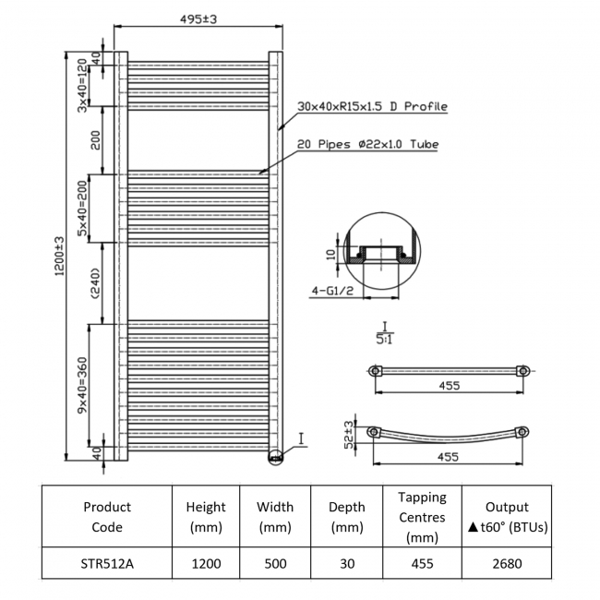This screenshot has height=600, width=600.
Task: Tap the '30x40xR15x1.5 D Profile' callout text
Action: coord(372,107)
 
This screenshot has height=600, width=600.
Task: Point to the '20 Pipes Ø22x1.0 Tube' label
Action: coord(366,145)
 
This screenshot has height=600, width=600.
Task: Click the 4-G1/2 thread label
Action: coord(331,290)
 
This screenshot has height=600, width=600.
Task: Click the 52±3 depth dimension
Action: coord(349,434)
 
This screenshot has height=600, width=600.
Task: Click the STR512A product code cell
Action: coord(107,563)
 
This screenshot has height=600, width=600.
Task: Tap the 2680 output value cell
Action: coord(507,563)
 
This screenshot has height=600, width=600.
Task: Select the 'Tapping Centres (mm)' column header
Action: coord(423,517)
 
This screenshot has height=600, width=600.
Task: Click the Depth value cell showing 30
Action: coord(346,563)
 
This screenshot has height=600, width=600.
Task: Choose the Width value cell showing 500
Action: coord(275,563)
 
